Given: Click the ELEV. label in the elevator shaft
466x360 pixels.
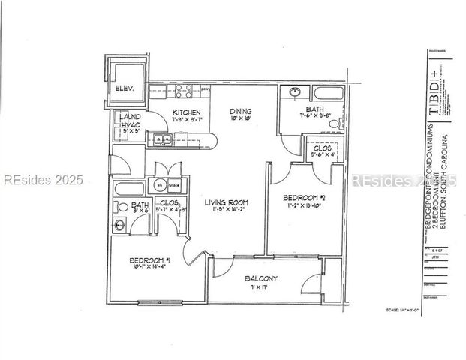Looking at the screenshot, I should coord(124,88).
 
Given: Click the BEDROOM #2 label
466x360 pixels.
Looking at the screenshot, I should coord(305,199).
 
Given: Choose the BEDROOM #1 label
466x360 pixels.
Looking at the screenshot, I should coord(149,260).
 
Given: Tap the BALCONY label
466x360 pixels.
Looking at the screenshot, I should coord(261,279).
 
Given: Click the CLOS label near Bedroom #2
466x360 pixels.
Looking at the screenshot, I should coord(323,148).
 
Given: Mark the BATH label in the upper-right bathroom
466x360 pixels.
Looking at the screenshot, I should coord(314,108).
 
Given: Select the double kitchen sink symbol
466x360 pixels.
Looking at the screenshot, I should coord(161,138).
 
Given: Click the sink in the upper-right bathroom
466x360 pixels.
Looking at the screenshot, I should coord(294,93).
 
